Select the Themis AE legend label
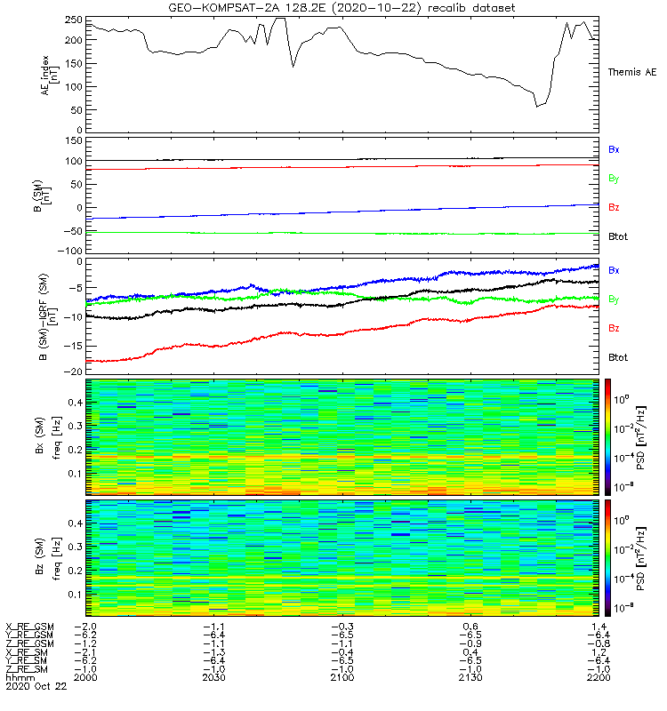[632, 71]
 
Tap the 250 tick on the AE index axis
[76, 19]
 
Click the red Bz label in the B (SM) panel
[614, 207]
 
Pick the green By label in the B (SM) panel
[614, 179]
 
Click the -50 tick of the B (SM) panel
[73, 230]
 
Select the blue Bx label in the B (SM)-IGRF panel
[614, 269]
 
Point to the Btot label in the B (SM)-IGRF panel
[618, 356]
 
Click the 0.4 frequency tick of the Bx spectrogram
[76, 402]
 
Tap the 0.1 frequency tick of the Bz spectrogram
[76, 594]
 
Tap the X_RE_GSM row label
[29, 627]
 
